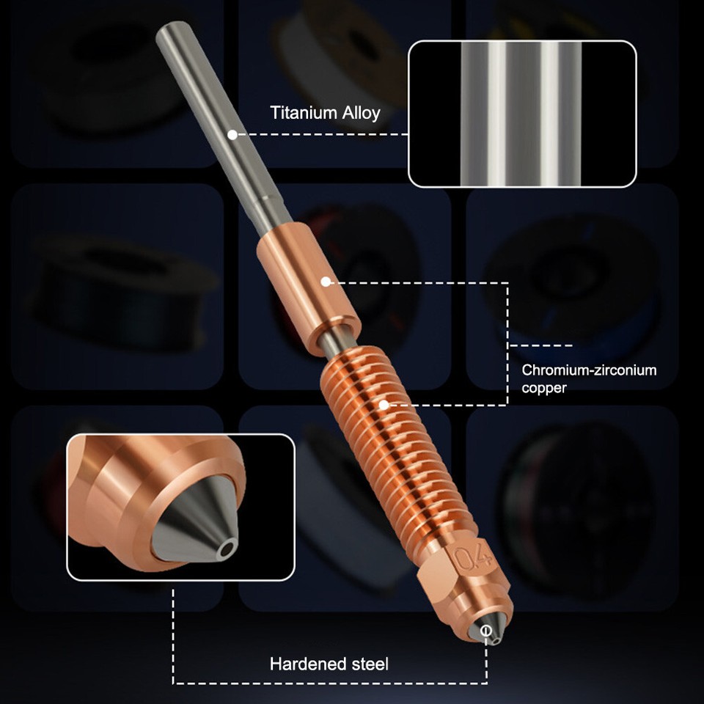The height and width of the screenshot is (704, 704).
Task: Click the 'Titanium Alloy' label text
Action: pos(325,113)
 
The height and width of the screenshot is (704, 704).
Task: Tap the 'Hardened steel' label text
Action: pos(329,664)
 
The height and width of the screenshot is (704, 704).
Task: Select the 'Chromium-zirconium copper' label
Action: pos(589,378)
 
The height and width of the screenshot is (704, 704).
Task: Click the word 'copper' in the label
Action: pos(544,388)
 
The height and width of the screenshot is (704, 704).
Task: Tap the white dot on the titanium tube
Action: pos(232,135)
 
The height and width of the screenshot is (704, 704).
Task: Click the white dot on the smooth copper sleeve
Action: pos(325,280)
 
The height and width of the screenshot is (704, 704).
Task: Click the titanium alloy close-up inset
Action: pos(521,114)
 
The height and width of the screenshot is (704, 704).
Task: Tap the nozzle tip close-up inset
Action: pos(180,507)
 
